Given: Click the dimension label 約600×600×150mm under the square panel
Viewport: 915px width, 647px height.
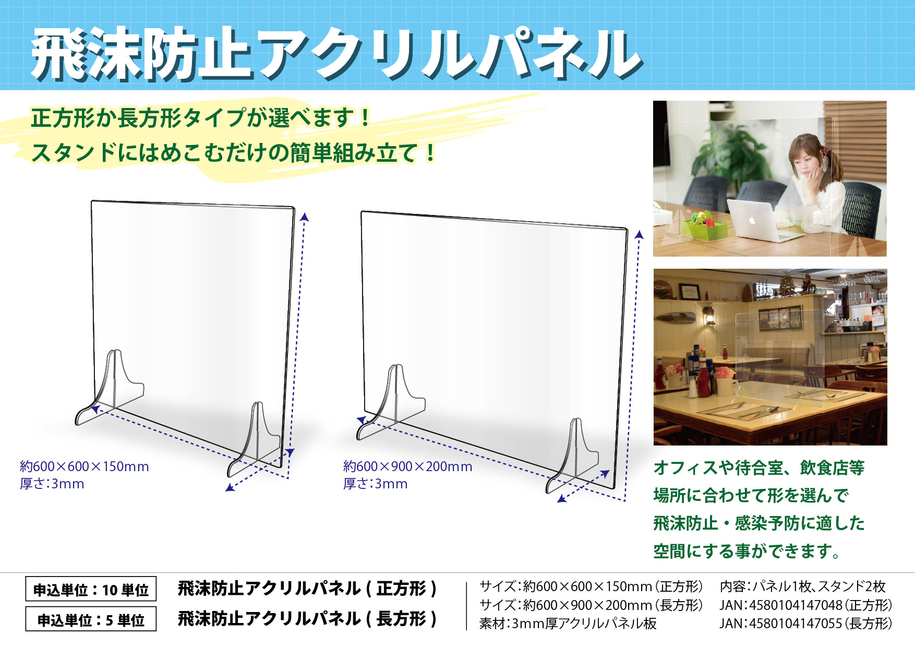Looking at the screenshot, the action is [85, 466].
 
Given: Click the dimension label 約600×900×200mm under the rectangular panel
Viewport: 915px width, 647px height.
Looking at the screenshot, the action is [408, 466].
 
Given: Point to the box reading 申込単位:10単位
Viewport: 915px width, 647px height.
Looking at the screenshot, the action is [91, 590].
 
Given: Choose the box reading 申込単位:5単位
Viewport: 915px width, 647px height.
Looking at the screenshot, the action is [91, 619].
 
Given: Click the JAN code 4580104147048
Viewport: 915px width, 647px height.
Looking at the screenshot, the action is [796, 605].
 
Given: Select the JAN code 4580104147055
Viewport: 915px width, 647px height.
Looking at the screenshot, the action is [796, 624].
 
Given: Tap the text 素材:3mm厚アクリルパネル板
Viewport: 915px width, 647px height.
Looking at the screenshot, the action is [568, 624].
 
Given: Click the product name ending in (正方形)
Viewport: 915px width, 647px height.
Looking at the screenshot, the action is [307, 589].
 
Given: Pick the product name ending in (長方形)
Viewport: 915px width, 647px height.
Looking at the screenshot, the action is [307, 619].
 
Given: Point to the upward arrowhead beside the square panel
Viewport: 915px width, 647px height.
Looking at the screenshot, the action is [305, 217].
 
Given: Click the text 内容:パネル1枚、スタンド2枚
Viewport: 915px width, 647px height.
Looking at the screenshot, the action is [803, 586].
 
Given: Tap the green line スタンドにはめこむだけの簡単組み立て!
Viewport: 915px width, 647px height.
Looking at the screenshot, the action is [233, 153].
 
